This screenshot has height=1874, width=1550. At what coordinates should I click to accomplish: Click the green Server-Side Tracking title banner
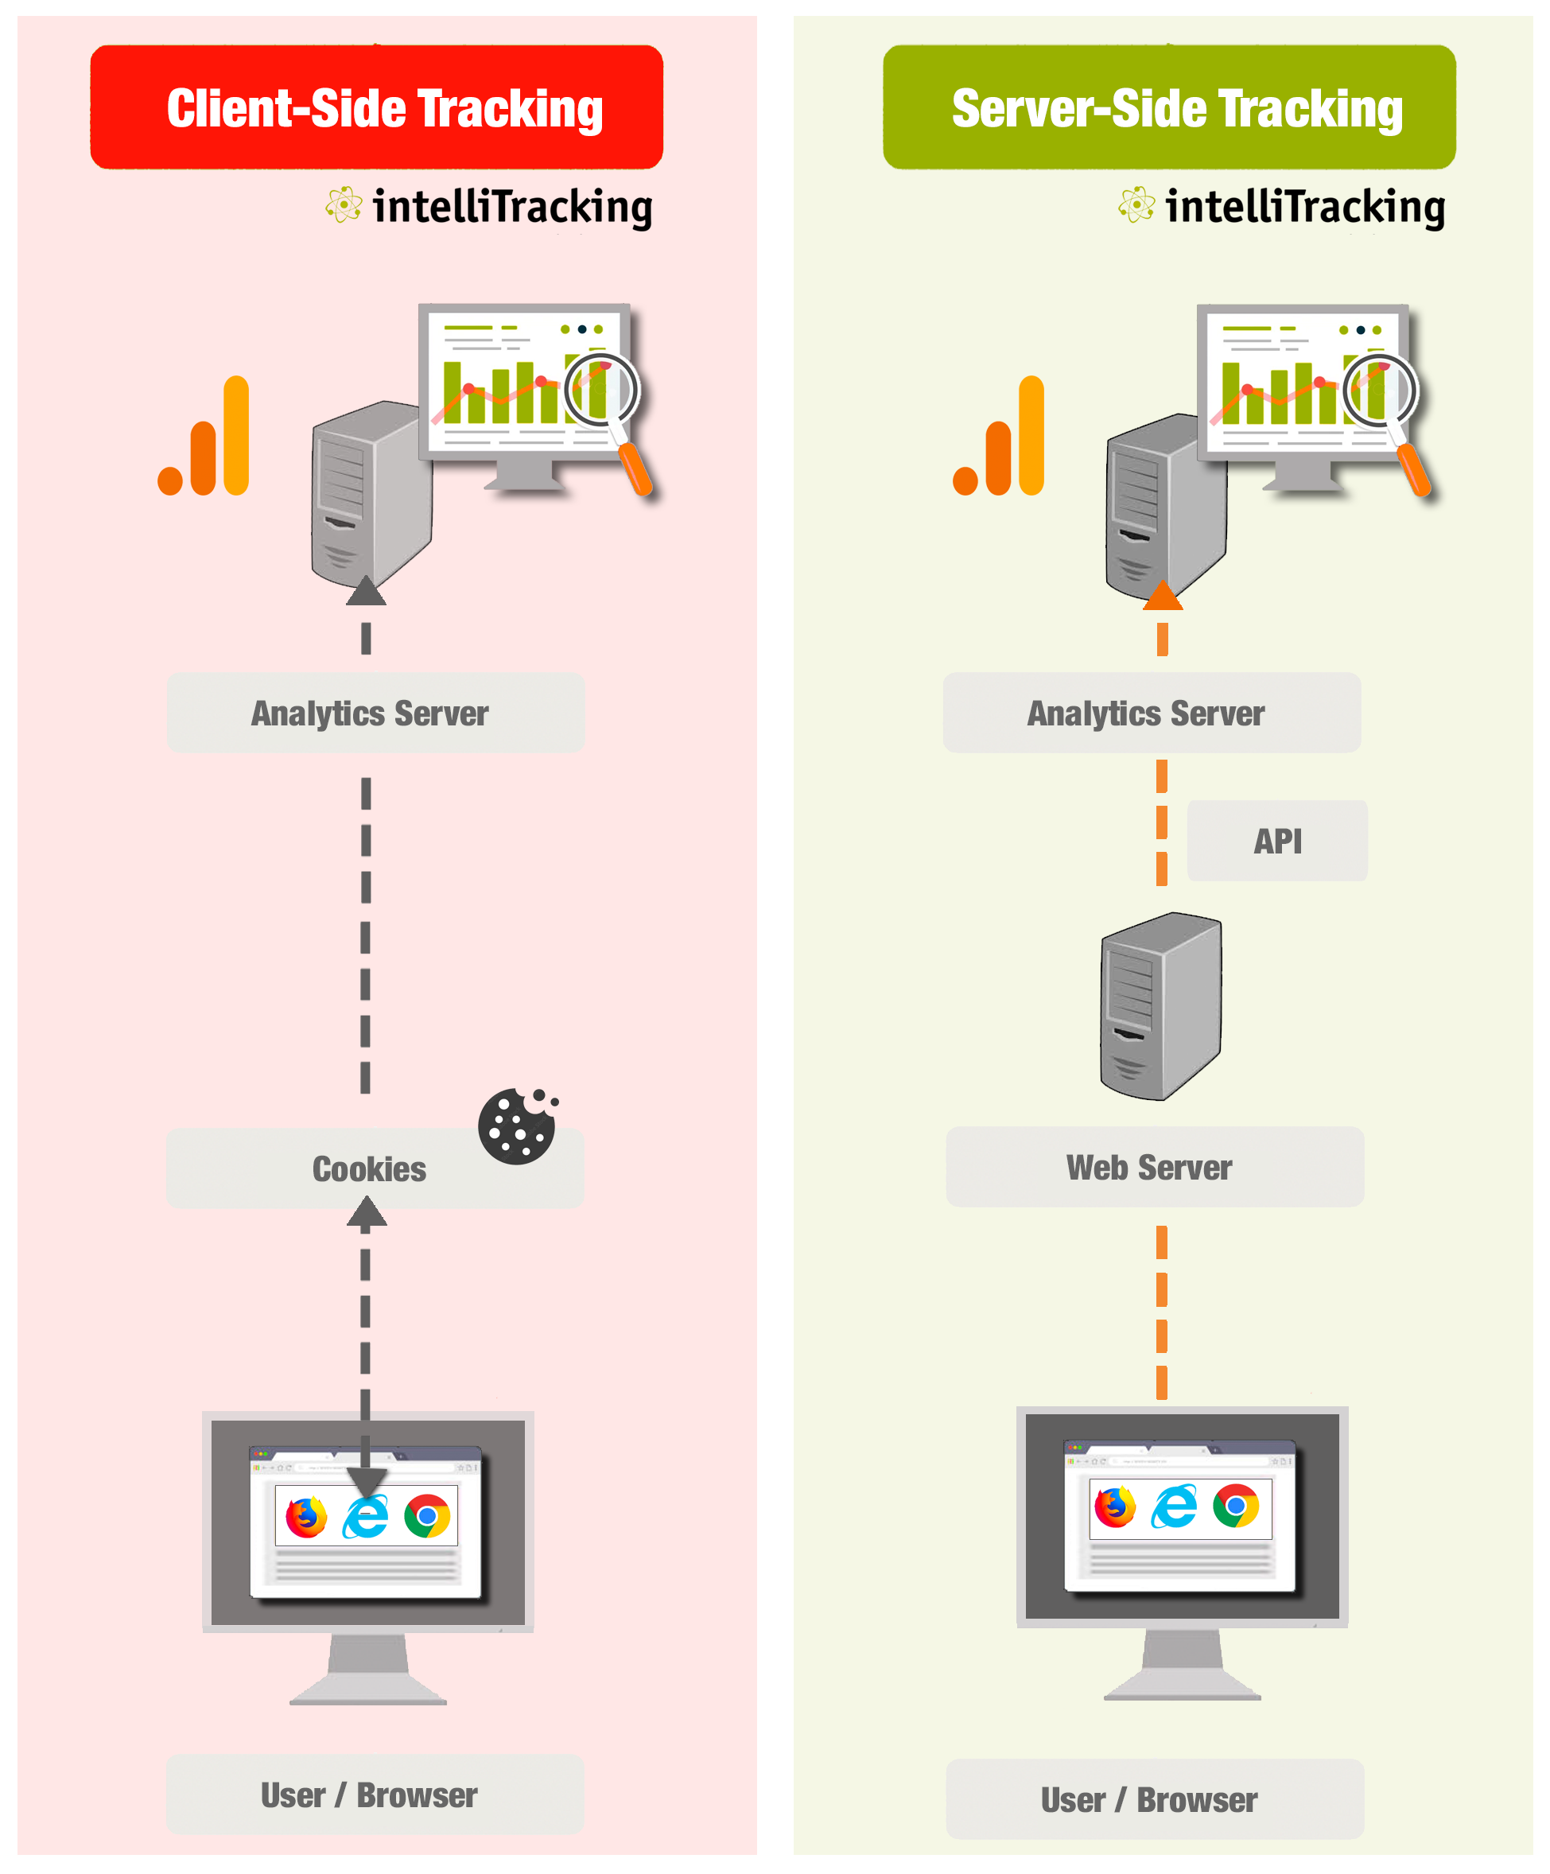tap(1169, 107)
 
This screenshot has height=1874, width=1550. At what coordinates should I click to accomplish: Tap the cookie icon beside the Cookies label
tap(517, 1126)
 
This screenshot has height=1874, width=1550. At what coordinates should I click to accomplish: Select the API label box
tap(1277, 841)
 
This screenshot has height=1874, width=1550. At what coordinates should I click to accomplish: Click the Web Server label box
tap(1154, 1167)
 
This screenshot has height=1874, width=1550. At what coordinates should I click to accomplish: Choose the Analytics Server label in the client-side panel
tap(375, 713)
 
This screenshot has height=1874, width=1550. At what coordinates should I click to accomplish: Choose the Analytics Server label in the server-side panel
tap(1151, 713)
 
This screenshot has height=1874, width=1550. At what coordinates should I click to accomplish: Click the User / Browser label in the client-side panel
tap(374, 1794)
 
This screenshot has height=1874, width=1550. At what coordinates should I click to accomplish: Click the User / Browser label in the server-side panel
tap(1154, 1800)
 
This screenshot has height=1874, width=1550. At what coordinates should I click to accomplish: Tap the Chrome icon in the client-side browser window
tap(427, 1515)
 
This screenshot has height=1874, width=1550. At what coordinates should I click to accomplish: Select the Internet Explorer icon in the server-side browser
tap(1175, 1507)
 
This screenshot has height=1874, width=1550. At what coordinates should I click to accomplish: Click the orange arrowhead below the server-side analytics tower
tap(1163, 595)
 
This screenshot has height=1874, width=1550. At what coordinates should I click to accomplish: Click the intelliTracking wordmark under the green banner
tap(1303, 207)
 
